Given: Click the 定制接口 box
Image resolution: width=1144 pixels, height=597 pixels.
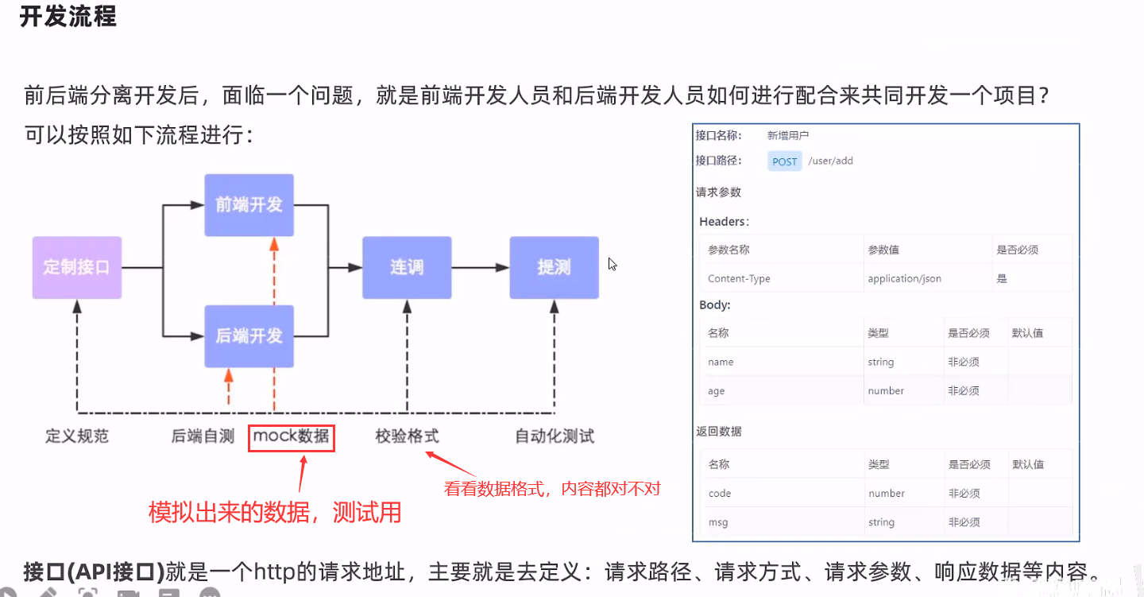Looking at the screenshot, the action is click(x=77, y=267).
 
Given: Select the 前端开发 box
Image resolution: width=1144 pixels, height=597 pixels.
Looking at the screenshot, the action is click(x=249, y=205).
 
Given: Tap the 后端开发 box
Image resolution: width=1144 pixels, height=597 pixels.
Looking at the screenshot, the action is click(x=249, y=335).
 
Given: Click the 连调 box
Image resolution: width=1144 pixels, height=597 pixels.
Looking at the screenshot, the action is click(x=407, y=267).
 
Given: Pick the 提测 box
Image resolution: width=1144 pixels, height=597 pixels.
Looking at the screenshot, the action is click(x=554, y=267).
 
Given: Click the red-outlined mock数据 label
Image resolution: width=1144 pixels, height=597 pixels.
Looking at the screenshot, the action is click(x=292, y=436).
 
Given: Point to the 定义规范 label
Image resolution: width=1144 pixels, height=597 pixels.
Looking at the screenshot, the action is click(x=77, y=436).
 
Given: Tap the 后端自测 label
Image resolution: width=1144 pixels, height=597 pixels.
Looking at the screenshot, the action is click(x=203, y=436).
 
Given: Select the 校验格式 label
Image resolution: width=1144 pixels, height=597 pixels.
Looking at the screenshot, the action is click(x=407, y=436).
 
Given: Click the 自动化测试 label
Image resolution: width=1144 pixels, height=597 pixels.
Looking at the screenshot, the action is click(x=555, y=436).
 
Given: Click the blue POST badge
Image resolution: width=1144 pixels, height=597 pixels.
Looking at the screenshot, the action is click(x=785, y=161).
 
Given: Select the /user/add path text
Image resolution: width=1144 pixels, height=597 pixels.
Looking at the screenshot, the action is click(x=830, y=161).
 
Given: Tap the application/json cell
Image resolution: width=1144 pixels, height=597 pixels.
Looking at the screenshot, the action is click(x=904, y=279).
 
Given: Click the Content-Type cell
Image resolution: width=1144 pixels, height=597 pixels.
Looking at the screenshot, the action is click(x=739, y=279).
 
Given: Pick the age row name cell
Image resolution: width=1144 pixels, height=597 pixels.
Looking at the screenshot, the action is click(x=717, y=391).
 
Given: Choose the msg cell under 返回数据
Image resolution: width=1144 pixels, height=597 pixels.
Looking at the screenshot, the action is click(x=718, y=522).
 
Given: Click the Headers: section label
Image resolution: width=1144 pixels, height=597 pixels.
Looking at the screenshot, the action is click(x=724, y=222).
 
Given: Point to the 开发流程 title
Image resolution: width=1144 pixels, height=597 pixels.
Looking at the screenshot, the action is click(x=68, y=17).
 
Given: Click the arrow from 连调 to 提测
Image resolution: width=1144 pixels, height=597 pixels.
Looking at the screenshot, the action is click(x=481, y=268).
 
